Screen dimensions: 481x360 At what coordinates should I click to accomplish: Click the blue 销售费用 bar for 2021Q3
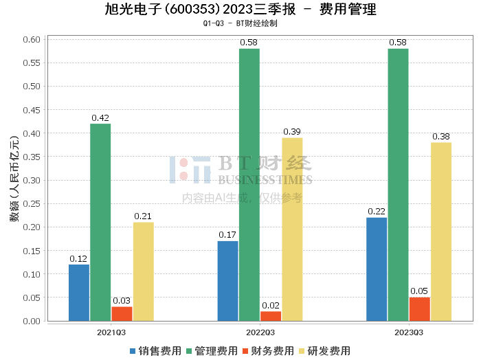click(79, 293)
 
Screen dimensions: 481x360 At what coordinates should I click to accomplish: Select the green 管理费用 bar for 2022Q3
click(249, 185)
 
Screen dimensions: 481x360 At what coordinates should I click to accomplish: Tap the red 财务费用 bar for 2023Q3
click(420, 309)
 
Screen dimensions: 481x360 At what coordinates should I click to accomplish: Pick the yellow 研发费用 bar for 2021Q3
click(144, 271)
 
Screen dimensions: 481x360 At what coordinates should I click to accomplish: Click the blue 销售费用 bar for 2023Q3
click(377, 269)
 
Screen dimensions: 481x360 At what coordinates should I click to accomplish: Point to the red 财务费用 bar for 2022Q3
click(271, 316)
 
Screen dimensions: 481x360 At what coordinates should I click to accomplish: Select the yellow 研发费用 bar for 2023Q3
click(441, 232)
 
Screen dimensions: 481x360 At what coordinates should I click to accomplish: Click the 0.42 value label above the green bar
click(100, 117)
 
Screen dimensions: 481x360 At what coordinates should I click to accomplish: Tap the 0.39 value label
click(292, 131)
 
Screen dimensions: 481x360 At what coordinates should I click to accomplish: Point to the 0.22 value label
click(377, 212)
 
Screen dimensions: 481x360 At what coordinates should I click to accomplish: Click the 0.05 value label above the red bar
click(419, 291)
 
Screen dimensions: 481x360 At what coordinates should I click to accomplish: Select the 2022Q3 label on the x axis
click(260, 333)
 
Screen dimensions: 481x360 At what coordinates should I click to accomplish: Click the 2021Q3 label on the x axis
click(111, 333)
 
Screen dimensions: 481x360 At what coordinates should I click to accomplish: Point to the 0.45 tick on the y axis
click(32, 110)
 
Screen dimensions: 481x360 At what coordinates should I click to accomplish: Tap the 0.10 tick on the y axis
click(32, 274)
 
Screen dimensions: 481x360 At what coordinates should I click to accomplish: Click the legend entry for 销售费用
click(155, 351)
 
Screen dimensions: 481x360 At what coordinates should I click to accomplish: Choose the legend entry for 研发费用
click(324, 351)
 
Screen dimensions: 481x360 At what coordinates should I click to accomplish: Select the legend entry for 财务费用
click(268, 351)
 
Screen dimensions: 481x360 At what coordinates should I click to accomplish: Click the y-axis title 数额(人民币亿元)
click(14, 179)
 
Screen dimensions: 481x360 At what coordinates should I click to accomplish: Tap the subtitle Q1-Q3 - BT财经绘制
click(240, 23)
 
